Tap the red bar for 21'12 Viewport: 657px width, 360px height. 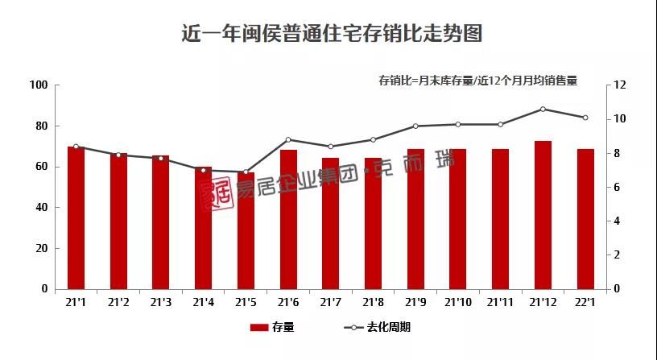coord(543,214)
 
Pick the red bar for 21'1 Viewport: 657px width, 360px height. coord(76,217)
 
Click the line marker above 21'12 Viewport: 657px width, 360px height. coord(543,109)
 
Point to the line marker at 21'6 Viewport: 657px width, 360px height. coord(288,140)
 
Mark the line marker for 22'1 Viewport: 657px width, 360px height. coord(585,118)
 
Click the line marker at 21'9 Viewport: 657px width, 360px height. coord(415,126)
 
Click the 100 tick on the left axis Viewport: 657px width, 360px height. coord(38,85)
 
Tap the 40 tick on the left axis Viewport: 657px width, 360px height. coord(40,207)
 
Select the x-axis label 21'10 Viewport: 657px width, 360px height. coord(458,303)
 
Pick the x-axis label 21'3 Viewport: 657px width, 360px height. coord(161,303)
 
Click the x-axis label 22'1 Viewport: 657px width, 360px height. coord(585,303)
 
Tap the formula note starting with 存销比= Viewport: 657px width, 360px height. coord(478,81)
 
